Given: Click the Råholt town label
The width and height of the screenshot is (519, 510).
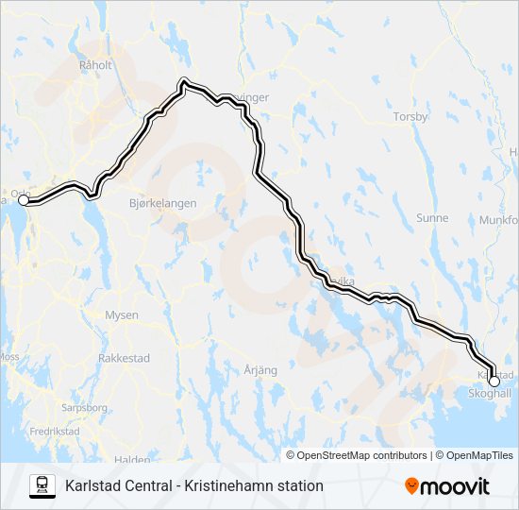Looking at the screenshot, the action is pyautogui.click(x=96, y=65).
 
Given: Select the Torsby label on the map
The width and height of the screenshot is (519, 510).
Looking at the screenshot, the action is pyautogui.click(x=411, y=118).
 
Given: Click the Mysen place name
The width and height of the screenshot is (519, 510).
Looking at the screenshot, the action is pyautogui.click(x=122, y=315).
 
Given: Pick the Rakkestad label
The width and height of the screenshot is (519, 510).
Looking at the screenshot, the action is pyautogui.click(x=123, y=358).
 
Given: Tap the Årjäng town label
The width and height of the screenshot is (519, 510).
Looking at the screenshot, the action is pyautogui.click(x=260, y=370).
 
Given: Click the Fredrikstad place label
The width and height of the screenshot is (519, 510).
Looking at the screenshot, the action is pyautogui.click(x=54, y=431).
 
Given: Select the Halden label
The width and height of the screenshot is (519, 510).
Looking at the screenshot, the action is pyautogui.click(x=132, y=460).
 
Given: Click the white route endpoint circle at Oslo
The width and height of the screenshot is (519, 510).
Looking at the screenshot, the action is pyautogui.click(x=24, y=200).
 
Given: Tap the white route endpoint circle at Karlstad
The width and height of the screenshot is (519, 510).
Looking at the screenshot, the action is pyautogui.click(x=494, y=381).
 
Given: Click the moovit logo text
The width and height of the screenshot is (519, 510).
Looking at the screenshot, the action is pyautogui.click(x=455, y=486).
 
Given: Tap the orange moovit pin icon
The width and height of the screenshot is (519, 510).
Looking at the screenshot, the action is pyautogui.click(x=411, y=485).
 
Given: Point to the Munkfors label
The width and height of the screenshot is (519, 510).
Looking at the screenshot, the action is pyautogui.click(x=500, y=220).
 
